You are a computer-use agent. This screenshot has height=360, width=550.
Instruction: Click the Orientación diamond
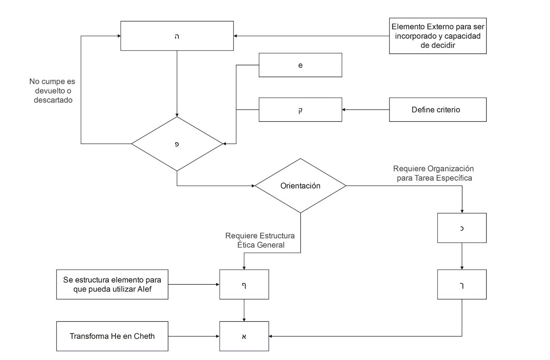(300, 186)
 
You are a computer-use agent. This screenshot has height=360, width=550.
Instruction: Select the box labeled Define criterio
(438, 110)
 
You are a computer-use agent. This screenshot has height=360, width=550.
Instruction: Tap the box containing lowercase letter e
(300, 65)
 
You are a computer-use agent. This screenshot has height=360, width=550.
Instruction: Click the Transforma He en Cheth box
(112, 336)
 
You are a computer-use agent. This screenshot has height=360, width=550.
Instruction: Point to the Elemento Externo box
(438, 36)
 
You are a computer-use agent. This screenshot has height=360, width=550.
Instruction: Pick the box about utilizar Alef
(112, 284)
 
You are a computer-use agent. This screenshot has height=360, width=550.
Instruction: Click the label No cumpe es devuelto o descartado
(53, 91)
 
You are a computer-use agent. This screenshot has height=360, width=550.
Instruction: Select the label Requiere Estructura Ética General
(260, 240)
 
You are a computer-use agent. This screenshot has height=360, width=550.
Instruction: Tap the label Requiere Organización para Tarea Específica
(434, 173)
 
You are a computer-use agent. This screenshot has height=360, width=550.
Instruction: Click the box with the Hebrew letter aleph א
(244, 336)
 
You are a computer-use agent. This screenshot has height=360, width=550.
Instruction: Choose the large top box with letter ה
(177, 36)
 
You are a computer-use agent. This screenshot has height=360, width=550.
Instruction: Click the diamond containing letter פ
(177, 144)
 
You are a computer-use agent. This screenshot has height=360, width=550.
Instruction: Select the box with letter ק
(300, 110)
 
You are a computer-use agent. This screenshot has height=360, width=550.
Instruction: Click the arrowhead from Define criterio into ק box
(344, 110)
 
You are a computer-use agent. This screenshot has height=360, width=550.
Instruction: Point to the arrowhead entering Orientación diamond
(253, 186)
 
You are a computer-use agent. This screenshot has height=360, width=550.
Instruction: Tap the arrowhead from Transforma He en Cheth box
(217, 336)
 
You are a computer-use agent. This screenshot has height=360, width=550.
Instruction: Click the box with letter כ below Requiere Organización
(462, 228)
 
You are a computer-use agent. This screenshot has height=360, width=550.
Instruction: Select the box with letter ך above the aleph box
(244, 284)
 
